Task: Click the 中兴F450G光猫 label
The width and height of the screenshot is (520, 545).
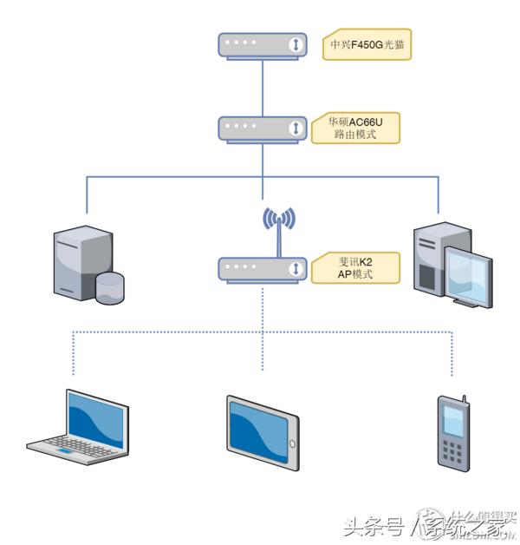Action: click(x=366, y=45)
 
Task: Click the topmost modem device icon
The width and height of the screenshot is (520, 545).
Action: click(x=263, y=45)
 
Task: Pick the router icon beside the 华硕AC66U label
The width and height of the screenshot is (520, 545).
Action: click(x=263, y=128)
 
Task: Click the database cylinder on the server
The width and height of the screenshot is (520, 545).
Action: click(x=110, y=287)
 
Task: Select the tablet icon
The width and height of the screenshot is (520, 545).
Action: click(x=263, y=432)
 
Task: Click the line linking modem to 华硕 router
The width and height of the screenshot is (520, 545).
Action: click(x=263, y=87)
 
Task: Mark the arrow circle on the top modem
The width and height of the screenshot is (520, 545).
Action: click(x=296, y=45)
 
